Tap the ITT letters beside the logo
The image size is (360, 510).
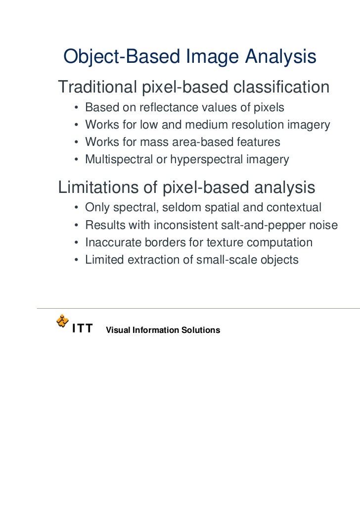pyautogui.click(x=82, y=329)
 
